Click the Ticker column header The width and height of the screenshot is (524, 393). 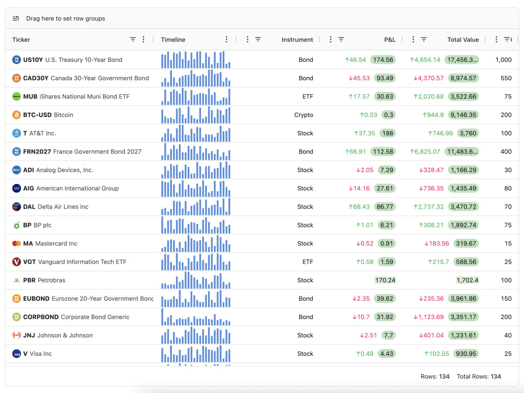[21, 39]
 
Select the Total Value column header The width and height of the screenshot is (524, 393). [463, 39]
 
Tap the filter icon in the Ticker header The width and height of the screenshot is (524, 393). [133, 39]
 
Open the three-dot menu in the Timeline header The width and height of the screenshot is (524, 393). [226, 39]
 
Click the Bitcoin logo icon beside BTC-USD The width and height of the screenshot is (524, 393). [16, 115]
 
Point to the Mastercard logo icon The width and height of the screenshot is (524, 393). [16, 244]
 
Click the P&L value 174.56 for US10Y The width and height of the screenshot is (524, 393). [383, 60]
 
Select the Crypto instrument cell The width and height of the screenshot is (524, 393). [303, 115]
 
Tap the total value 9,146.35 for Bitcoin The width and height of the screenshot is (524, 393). [463, 115]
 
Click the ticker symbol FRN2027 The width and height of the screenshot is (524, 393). [37, 152]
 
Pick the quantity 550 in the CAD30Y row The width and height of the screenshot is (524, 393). [506, 78]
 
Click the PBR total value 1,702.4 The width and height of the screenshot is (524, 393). [467, 280]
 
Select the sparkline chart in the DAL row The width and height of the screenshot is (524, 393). [196, 207]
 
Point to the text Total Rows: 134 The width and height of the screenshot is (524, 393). [479, 377]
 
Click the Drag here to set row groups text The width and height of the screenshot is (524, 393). [65, 19]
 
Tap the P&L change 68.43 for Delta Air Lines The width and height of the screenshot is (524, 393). [359, 207]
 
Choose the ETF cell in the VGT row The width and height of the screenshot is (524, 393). [308, 262]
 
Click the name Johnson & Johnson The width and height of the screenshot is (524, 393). [65, 335]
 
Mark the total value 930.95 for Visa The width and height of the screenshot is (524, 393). [466, 354]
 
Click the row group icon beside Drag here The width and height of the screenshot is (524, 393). [16, 18]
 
